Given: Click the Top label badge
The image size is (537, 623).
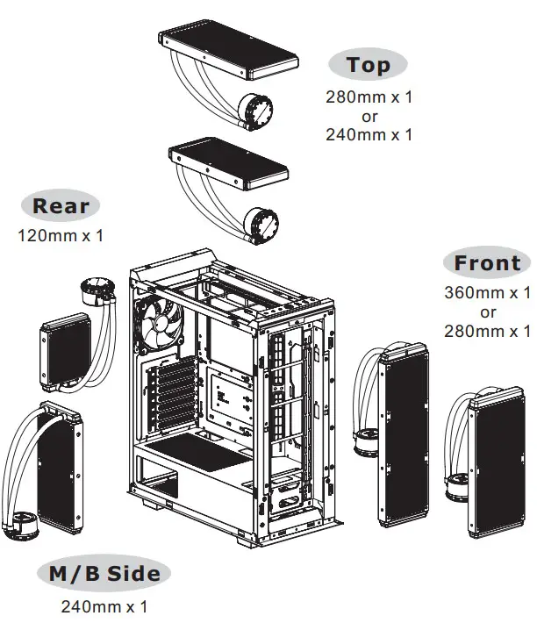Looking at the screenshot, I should [x=368, y=65].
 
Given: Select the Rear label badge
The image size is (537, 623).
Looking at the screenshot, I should [x=61, y=207].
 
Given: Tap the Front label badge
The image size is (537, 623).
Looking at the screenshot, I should [x=487, y=263].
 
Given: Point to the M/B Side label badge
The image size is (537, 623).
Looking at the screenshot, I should [x=104, y=574].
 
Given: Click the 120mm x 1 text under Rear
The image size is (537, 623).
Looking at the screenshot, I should [x=61, y=235].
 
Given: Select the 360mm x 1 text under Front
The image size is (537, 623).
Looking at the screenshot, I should [x=488, y=291].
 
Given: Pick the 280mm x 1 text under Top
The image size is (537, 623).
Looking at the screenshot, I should [x=369, y=97].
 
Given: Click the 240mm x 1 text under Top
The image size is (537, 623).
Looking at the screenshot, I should [x=369, y=134].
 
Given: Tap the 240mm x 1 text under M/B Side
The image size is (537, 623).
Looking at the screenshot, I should [x=104, y=606].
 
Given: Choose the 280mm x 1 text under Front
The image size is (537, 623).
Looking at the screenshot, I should [x=488, y=331].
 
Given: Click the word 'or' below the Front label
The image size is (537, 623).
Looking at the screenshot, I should [x=488, y=311].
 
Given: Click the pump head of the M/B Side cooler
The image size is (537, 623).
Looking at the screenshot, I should [x=21, y=527].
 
